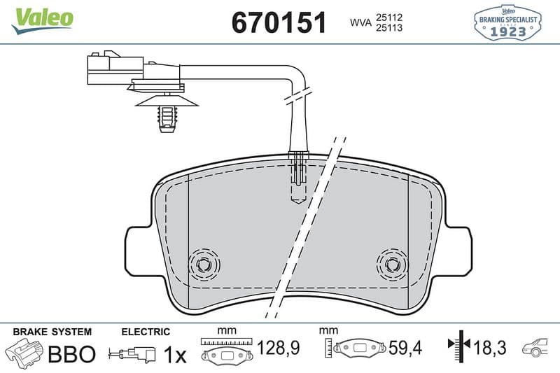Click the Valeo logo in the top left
pyautogui.click(x=42, y=21)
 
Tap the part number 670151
pyautogui.click(x=279, y=22)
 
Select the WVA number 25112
pyautogui.click(x=389, y=17)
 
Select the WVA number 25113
pyautogui.click(x=389, y=27)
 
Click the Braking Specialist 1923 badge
pyautogui.click(x=507, y=22)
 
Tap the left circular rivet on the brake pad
pyautogui.click(x=204, y=265)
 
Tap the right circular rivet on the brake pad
pyautogui.click(x=392, y=265)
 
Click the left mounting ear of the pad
pyautogui.click(x=137, y=251)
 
